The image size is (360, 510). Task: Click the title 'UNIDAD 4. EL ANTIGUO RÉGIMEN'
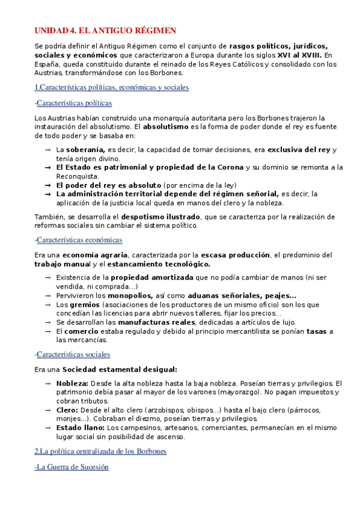[105, 30]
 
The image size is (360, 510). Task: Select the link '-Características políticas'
[73, 103]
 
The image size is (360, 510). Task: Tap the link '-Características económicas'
[78, 239]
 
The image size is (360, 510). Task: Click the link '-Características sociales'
[73, 354]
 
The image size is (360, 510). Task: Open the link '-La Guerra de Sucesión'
[72, 467]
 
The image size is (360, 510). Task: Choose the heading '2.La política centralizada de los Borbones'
[100, 450]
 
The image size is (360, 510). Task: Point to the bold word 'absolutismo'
[166, 127]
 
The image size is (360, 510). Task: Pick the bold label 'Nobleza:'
[72, 383]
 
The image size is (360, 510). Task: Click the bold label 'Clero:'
[68, 410]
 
